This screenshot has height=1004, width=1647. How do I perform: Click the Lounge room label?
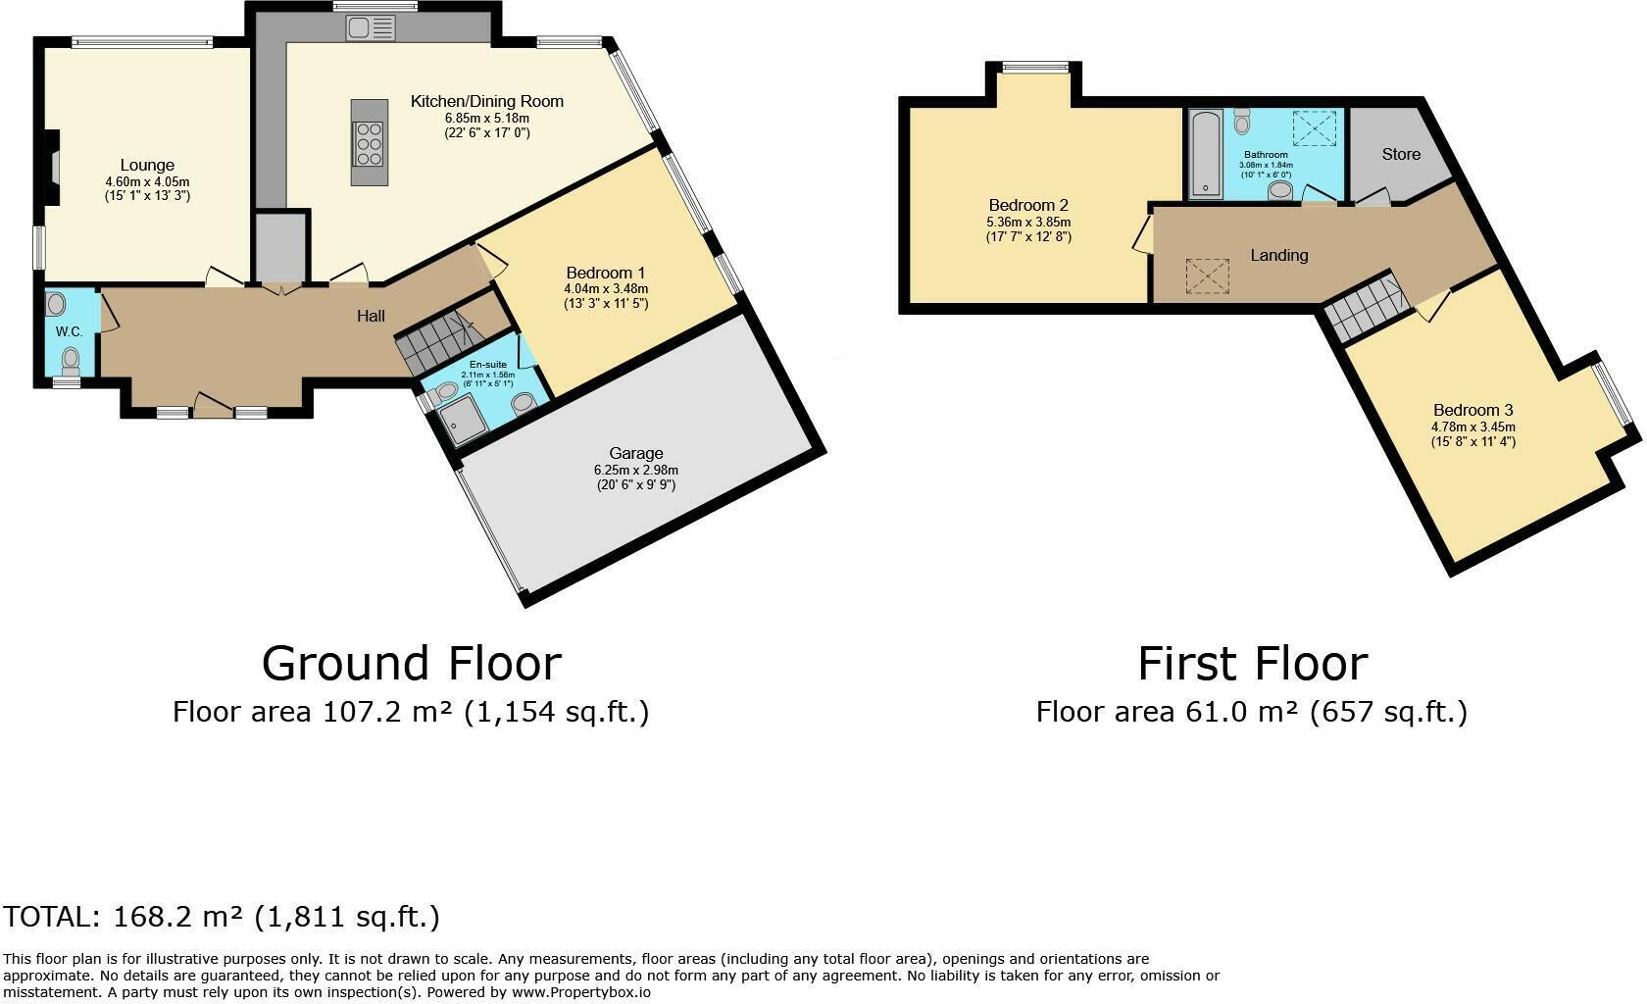pos(147,166)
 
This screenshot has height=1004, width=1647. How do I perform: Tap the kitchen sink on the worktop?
pos(372,28)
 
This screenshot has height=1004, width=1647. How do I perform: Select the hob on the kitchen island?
pos(369,143)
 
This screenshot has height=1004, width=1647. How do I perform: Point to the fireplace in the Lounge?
pos(51,168)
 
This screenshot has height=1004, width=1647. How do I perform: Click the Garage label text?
pos(636,453)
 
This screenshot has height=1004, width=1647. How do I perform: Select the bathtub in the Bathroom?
pos(1207,154)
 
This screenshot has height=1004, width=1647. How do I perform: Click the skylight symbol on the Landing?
pos(1208,276)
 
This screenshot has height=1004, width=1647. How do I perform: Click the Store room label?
pos(1401,155)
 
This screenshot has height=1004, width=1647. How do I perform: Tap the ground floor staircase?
pos(439,341)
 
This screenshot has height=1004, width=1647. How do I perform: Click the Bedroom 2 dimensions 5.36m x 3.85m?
pos(1027,223)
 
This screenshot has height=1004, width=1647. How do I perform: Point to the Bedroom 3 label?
pos(1472,411)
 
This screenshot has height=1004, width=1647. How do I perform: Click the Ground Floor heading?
pos(412,664)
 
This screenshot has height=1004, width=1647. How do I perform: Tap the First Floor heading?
pos(1252,664)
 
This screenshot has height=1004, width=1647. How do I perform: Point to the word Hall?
pos(371,317)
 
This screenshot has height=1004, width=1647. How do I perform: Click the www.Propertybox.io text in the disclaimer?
pos(580,992)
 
